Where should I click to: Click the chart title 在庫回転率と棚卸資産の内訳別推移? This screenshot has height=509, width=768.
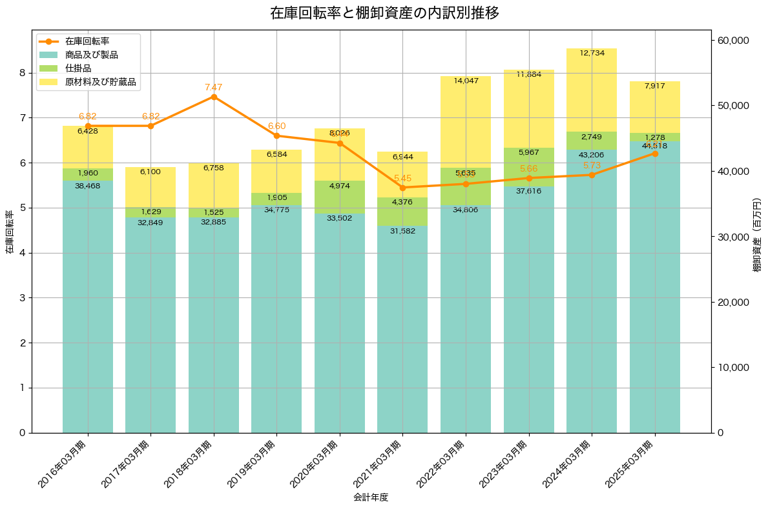[x=384, y=13]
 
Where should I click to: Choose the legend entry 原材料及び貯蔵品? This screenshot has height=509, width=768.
[x=100, y=82]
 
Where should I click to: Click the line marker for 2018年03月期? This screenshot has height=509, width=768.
[x=214, y=97]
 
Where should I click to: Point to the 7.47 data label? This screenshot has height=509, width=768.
[x=214, y=87]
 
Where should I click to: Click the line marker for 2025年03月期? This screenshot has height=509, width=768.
[x=655, y=154]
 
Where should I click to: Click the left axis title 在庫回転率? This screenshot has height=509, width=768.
[x=9, y=232]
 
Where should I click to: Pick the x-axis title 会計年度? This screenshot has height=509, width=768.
[x=371, y=497]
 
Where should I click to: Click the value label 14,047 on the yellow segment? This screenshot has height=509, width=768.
[x=466, y=81]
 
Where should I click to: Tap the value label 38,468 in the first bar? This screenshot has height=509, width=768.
[x=88, y=186]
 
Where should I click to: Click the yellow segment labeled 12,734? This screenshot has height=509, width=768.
[x=592, y=90]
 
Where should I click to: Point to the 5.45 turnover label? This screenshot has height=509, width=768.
[x=402, y=178]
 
